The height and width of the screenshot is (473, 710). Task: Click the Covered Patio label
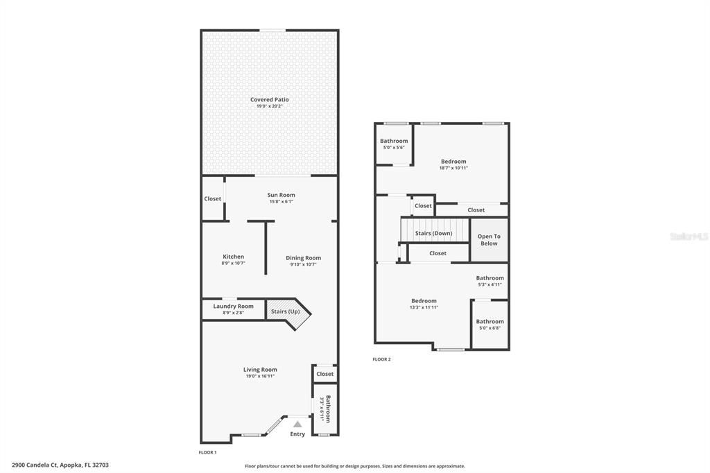269,100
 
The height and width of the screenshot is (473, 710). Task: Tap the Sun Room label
281,196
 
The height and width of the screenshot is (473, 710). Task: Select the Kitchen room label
233,257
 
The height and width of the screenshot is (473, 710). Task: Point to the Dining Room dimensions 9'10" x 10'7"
303,264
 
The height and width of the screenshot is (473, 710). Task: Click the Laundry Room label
233,306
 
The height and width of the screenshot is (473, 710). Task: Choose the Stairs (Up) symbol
285,311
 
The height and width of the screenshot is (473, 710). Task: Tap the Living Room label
260,370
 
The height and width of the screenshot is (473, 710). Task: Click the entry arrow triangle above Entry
297,423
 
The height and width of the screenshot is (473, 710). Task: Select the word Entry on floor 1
297,434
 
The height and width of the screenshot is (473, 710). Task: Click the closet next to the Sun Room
213,199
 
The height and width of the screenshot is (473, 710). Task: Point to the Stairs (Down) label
433,233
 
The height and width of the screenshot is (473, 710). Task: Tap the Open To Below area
489,240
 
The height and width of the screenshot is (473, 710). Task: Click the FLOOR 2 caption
381,359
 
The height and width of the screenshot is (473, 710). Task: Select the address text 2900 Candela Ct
60,465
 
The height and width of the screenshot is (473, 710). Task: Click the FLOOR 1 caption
207,452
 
